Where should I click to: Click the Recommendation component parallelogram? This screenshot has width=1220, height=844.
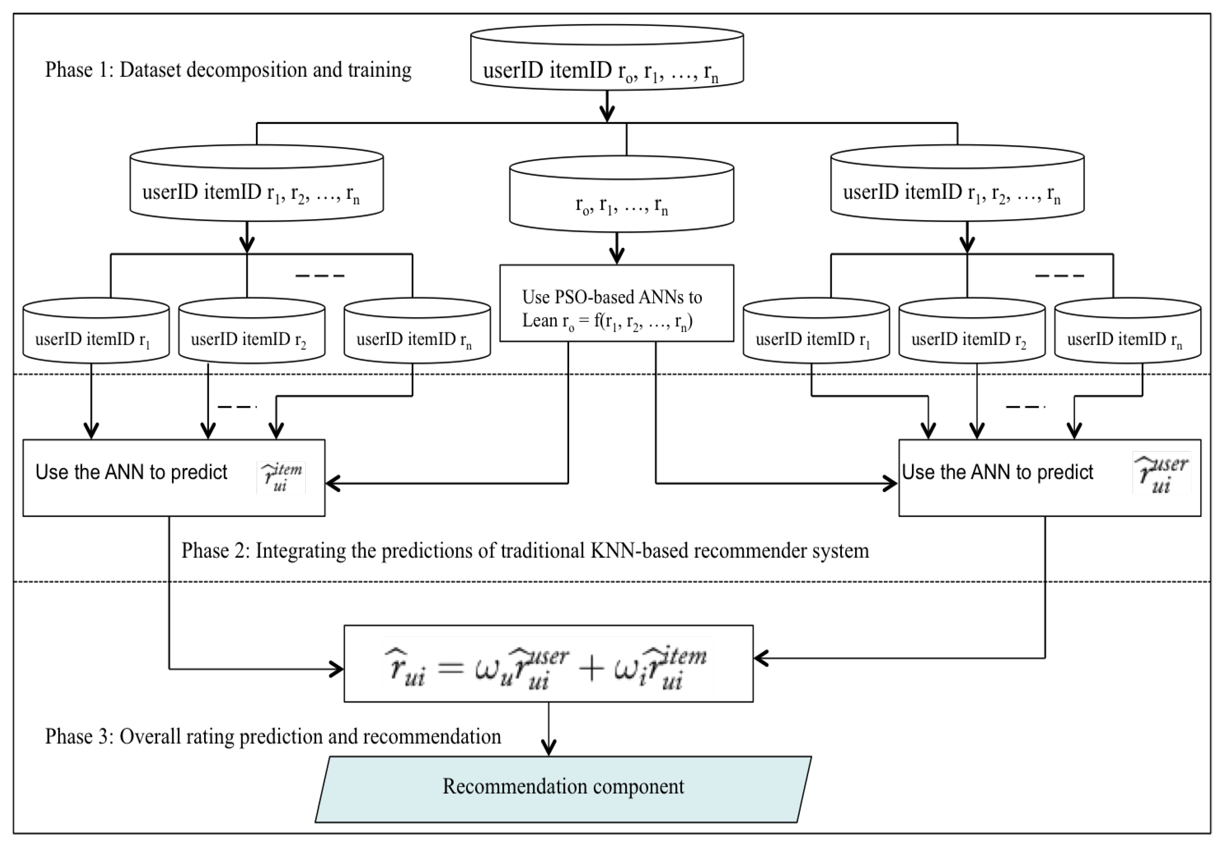pyautogui.click(x=563, y=788)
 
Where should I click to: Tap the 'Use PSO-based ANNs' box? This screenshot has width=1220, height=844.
pyautogui.click(x=617, y=303)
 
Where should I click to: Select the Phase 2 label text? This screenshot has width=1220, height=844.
pyautogui.click(x=525, y=551)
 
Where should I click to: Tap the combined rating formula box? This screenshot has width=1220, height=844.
pyautogui.click(x=548, y=664)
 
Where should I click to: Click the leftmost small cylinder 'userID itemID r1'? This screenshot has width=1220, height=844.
pyautogui.click(x=96, y=333)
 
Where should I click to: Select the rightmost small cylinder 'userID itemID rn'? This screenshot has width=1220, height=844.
pyautogui.click(x=1127, y=333)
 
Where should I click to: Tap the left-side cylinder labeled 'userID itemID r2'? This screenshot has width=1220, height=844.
pyautogui.click(x=252, y=333)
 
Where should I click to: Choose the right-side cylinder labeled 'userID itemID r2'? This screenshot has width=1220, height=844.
pyautogui.click(x=972, y=333)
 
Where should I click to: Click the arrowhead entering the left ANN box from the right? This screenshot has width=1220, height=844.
pyautogui.click(x=333, y=483)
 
